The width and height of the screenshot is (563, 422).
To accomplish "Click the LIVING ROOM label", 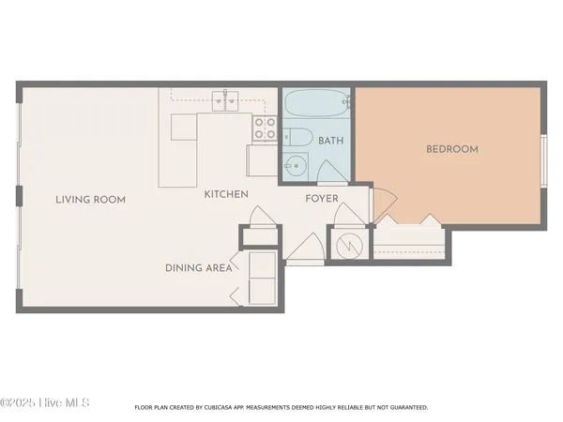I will [90, 200].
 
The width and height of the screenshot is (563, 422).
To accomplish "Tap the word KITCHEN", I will [227, 195].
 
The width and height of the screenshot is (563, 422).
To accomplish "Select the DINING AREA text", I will [199, 268].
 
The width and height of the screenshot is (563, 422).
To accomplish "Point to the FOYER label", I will [322, 199].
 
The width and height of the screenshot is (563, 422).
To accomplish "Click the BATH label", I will [330, 142].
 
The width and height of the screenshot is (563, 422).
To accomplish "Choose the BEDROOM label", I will [452, 149].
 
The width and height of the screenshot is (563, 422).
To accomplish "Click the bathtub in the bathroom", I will [316, 102].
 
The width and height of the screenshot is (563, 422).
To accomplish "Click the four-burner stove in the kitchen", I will [265, 128].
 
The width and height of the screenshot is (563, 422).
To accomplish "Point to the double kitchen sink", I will [225, 97].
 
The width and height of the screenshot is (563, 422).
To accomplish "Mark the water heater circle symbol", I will [348, 243].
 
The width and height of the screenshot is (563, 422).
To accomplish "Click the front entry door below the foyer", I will [304, 248].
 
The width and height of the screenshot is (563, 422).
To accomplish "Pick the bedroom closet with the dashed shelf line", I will [409, 243].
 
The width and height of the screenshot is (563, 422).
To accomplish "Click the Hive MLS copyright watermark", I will [45, 402].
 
